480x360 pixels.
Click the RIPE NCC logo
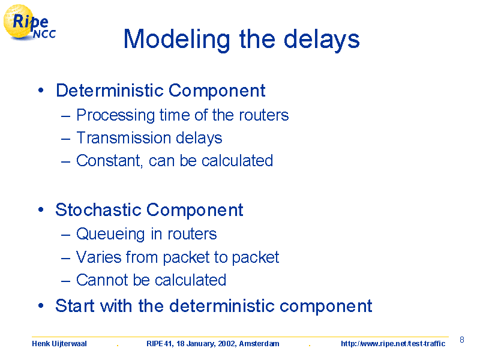29,22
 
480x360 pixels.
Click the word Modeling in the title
176,40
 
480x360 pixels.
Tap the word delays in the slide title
322,40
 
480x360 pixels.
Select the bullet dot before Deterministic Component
41,91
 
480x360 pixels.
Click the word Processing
116,116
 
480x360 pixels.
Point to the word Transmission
124,138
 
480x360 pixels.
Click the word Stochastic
98,210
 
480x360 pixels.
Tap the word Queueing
110,235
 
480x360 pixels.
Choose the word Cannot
102,280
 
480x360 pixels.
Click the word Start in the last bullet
75,305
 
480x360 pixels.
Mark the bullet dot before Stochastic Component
41,209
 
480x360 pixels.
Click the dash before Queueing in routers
66,235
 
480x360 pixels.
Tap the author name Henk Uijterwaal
59,344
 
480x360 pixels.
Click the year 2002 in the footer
227,344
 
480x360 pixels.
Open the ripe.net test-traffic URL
393,344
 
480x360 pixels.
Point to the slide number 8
462,340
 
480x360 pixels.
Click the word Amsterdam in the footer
259,344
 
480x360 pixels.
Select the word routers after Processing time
264,115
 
